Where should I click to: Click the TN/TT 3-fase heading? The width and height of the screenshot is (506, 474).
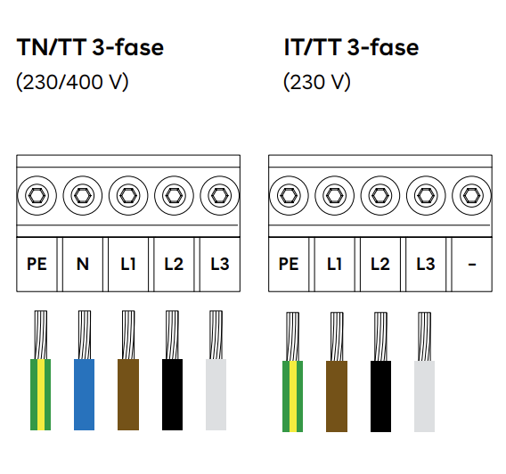click(90, 47)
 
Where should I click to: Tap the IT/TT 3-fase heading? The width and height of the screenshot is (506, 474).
click(351, 47)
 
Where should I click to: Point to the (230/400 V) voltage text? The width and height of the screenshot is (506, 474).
click(72, 82)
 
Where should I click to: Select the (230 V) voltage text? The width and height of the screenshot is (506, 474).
click(317, 82)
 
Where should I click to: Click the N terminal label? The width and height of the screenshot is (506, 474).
click(83, 264)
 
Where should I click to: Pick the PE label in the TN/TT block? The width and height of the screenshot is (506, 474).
click(37, 264)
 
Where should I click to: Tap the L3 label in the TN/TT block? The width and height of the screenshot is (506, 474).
click(220, 264)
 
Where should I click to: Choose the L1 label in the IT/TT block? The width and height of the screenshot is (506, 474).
click(334, 264)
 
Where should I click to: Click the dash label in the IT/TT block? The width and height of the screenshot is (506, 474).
click(472, 265)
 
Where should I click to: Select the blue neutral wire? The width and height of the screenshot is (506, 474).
click(85, 371)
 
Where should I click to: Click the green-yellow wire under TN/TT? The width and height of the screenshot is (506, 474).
click(40, 371)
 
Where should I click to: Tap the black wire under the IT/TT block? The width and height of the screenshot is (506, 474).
click(380, 372)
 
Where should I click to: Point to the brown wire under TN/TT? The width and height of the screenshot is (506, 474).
click(128, 371)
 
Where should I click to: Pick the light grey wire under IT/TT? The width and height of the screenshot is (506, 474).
click(424, 372)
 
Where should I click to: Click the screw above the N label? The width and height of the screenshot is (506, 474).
click(83, 195)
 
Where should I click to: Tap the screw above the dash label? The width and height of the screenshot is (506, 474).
click(472, 195)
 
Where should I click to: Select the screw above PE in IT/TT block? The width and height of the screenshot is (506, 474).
click(289, 195)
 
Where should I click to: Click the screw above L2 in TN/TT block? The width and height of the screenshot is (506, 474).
click(175, 195)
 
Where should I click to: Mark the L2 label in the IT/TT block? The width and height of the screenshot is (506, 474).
click(380, 264)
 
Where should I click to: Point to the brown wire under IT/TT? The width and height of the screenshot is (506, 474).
click(337, 372)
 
